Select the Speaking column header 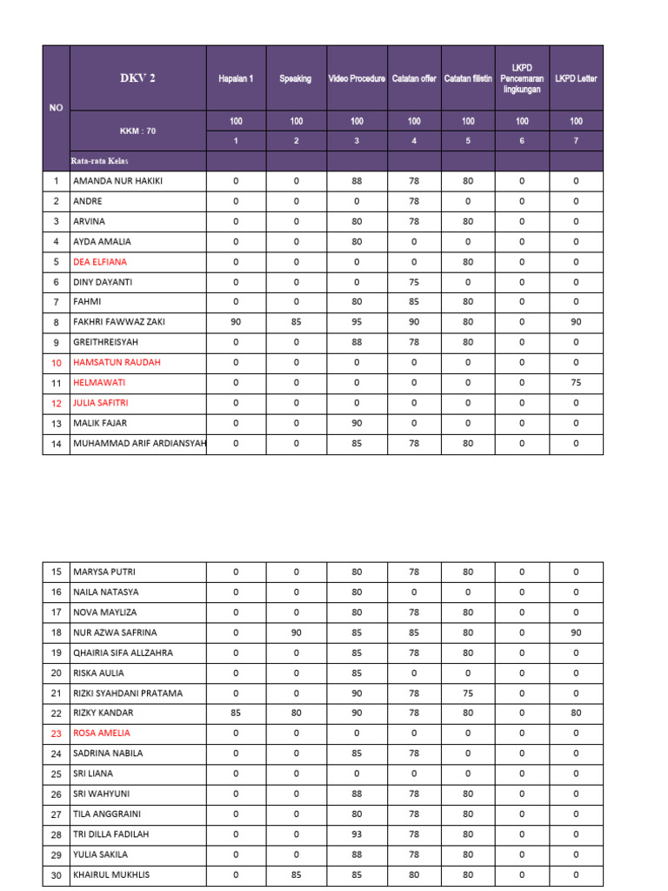pyautogui.click(x=296, y=79)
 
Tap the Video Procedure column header pyautogui.click(x=357, y=79)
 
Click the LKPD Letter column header pyautogui.click(x=576, y=79)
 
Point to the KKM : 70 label pyautogui.click(x=137, y=131)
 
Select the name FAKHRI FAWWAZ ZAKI pyautogui.click(x=118, y=322)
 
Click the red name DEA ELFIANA pyautogui.click(x=100, y=261)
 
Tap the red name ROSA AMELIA pyautogui.click(x=103, y=734)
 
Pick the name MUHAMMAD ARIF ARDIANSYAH pyautogui.click(x=139, y=443)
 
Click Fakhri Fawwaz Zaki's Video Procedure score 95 pyautogui.click(x=357, y=322)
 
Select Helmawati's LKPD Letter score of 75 pyautogui.click(x=576, y=383)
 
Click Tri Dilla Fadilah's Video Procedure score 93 pyautogui.click(x=357, y=834)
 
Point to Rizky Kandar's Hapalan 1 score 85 pyautogui.click(x=236, y=713)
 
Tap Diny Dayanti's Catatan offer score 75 pyautogui.click(x=414, y=282)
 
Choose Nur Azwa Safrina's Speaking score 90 pyautogui.click(x=296, y=633)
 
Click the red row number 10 pyautogui.click(x=57, y=363)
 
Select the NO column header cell pyautogui.click(x=57, y=108)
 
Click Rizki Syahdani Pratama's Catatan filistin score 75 pyautogui.click(x=468, y=693)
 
